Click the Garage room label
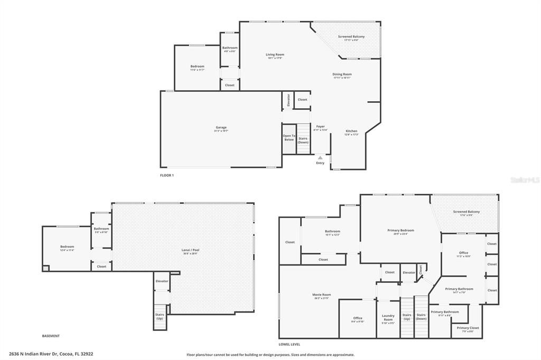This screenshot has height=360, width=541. tap(221, 127)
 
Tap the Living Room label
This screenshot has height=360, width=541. tap(275, 54)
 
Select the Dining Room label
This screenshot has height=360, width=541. tap(342, 74)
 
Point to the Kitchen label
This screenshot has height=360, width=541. tap(351, 131)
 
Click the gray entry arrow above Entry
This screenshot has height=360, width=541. tap(320, 157)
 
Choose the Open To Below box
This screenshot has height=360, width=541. tap(288, 138)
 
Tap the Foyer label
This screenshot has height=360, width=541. tap(320, 127)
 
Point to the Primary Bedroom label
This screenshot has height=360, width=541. tap(400, 231)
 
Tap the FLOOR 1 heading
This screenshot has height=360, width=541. tap(167, 175)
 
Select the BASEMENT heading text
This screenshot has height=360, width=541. tap(51, 336)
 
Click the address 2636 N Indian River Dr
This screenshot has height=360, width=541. tap(51, 354)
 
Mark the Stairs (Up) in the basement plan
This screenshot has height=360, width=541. tap(160, 317)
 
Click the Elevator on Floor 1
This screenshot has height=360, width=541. tap(288, 100)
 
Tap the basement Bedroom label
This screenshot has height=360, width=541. tap(67, 247)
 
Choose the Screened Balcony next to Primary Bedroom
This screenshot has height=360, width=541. tap(466, 212)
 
